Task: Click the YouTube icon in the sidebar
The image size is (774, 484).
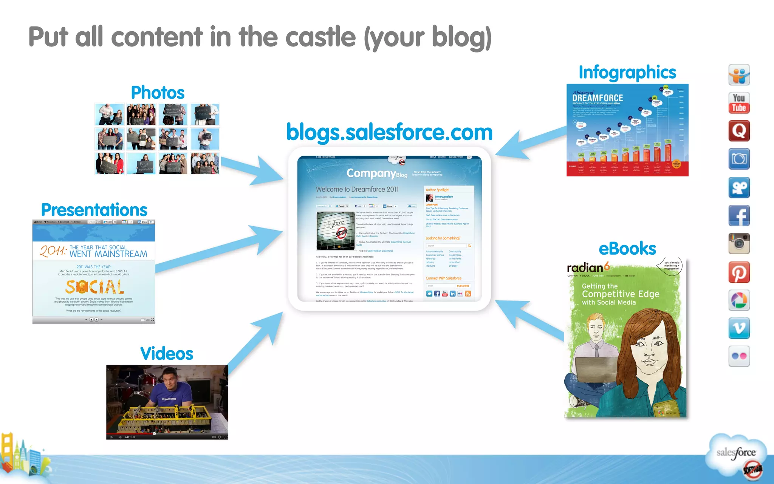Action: pos(739,103)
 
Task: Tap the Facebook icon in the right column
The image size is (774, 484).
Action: pos(739,216)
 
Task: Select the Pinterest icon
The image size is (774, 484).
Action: pos(739,272)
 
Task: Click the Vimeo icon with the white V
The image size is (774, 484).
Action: pos(739,328)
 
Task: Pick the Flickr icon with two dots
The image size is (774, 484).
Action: pos(739,356)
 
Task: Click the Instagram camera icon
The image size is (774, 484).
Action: pos(739,244)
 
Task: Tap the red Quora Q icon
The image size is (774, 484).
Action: pos(739,131)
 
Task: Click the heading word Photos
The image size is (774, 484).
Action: pos(158,93)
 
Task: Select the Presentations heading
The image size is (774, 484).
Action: pos(94,210)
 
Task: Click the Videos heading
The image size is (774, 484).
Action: pos(167,354)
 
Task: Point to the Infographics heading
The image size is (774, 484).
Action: pos(627,72)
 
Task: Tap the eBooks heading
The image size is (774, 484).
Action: pos(627,249)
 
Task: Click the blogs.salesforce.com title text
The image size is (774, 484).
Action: pos(389,132)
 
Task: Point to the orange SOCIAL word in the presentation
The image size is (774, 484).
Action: pos(94,287)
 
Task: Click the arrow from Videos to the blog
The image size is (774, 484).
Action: pos(257,340)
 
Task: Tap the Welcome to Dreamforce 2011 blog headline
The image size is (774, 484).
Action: pos(357,189)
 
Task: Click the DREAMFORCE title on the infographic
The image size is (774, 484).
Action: pos(598,98)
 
